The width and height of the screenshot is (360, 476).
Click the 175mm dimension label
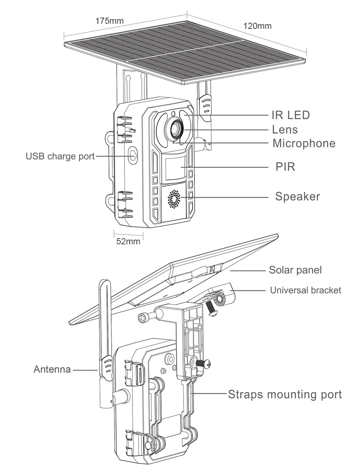click(109, 21)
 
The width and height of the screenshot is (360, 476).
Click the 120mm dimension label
click(257, 26)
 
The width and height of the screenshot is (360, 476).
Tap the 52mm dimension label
click(128, 241)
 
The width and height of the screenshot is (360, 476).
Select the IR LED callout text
click(291, 115)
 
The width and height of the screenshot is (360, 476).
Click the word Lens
click(285, 129)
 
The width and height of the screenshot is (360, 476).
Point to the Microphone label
click(304, 143)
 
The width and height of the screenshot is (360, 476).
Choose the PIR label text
click(285, 167)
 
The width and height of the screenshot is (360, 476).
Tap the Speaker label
click(297, 196)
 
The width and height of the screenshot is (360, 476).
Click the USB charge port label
click(60, 156)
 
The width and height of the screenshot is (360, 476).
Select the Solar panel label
click(295, 270)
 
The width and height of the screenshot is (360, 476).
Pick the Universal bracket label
click(305, 290)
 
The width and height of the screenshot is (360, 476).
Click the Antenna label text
click(52, 369)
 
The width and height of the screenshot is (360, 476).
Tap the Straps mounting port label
click(285, 394)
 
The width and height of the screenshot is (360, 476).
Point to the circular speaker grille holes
click(174, 199)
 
